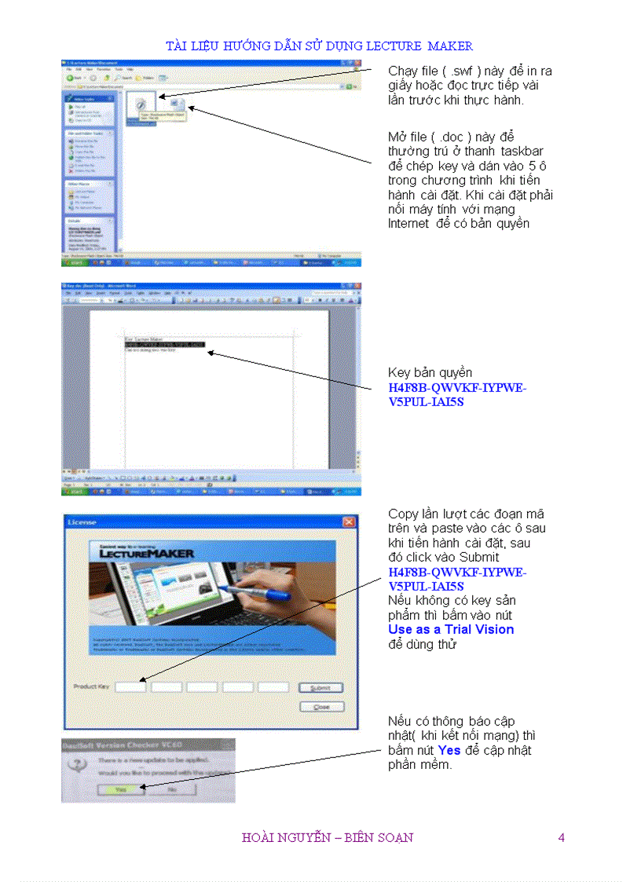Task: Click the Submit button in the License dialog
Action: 320,687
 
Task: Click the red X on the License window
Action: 349,522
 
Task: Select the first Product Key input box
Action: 130,687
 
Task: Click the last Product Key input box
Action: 273,687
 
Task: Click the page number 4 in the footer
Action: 561,837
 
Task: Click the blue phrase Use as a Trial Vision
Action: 451,629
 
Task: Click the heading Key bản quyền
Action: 430,372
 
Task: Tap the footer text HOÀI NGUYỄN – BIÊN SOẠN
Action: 328,837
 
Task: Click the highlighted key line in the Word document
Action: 164,344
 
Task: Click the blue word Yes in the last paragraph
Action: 449,750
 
